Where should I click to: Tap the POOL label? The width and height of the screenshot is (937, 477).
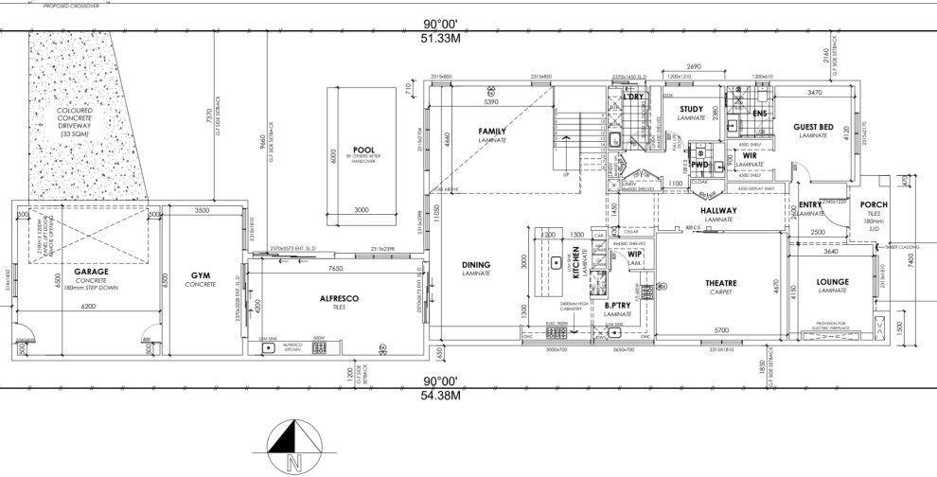point(364,150)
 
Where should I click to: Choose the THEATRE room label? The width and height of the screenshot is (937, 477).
point(721,282)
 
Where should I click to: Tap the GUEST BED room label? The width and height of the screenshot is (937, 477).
point(813,127)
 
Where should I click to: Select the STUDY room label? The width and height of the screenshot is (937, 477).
point(691,109)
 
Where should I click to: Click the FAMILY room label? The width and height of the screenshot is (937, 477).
point(492,131)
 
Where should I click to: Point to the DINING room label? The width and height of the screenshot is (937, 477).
point(475,264)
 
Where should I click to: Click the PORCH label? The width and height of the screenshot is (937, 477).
point(873,204)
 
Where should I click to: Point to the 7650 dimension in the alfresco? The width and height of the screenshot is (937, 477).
point(335,268)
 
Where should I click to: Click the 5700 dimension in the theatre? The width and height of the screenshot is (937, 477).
point(721,329)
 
